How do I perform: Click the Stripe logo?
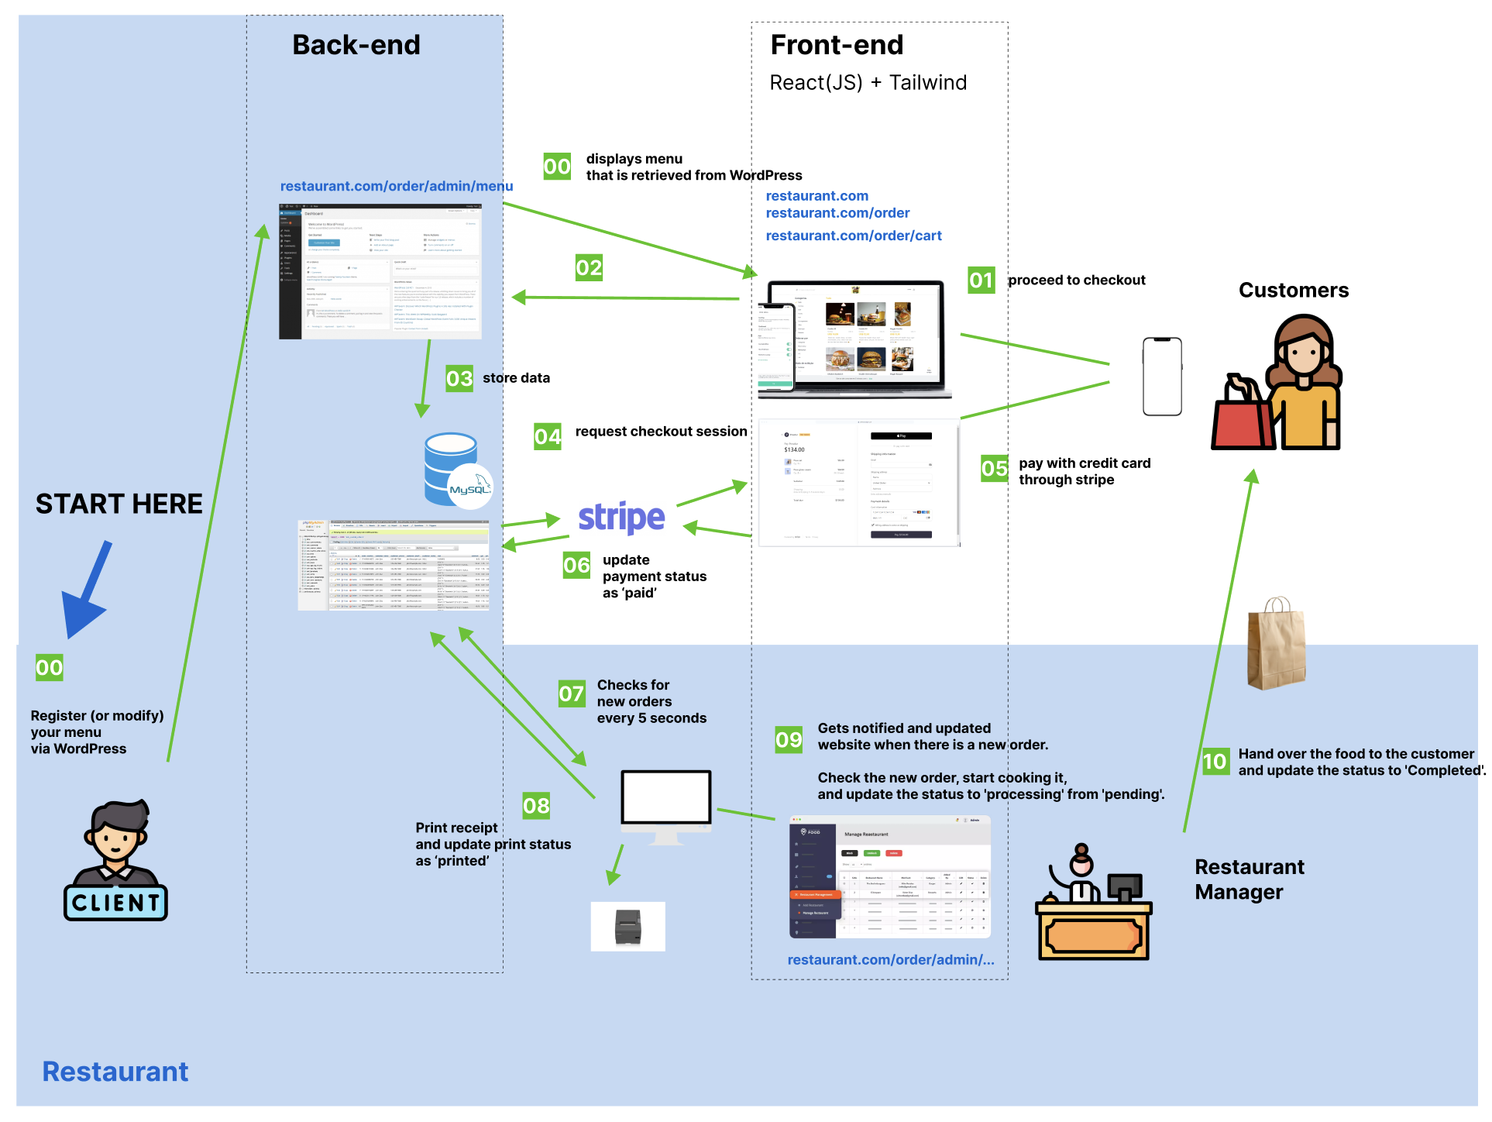click(x=621, y=518)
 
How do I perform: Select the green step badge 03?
click(x=459, y=378)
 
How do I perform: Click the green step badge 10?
click(x=1215, y=761)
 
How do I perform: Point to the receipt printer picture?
click(x=627, y=927)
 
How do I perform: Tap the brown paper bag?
click(x=1276, y=643)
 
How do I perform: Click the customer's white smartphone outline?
click(x=1162, y=377)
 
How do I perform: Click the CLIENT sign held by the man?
click(x=115, y=903)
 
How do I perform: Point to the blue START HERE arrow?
click(x=88, y=589)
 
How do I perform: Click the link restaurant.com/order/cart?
click(x=853, y=236)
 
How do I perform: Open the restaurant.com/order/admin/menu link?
click(x=396, y=186)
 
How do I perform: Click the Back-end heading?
click(x=356, y=45)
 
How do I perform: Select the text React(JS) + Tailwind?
click(x=868, y=82)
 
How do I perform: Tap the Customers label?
click(x=1293, y=290)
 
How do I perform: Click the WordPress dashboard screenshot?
click(x=380, y=271)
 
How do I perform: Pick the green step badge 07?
click(x=572, y=694)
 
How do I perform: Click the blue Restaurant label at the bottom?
click(x=115, y=1071)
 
